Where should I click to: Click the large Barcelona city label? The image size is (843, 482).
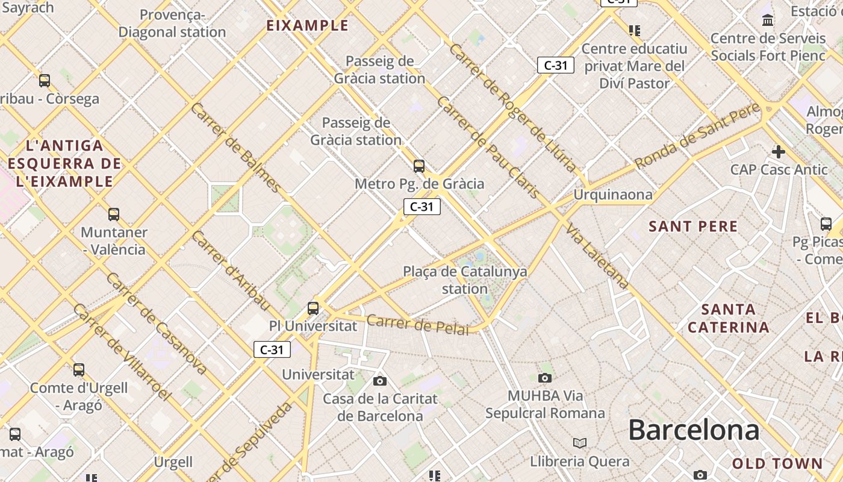(x=694, y=430)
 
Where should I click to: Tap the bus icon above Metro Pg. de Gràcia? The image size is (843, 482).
(x=419, y=166)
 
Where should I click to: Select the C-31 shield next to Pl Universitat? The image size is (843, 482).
(x=272, y=349)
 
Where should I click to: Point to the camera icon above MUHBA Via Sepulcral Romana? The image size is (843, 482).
(x=545, y=378)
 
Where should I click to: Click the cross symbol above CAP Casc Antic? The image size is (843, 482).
(x=779, y=151)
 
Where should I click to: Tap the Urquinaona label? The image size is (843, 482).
(x=612, y=195)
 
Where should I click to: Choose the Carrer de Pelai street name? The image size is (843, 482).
(x=417, y=324)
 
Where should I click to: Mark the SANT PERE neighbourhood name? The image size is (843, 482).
(x=693, y=227)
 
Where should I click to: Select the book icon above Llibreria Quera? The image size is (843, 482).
(x=580, y=443)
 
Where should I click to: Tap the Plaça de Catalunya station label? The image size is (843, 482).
(x=465, y=280)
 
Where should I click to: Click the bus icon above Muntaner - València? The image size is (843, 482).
(x=114, y=214)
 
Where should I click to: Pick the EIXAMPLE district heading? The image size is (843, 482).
(x=308, y=25)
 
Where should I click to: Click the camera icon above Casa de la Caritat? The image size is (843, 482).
(x=379, y=381)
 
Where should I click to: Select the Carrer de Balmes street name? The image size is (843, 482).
(x=235, y=147)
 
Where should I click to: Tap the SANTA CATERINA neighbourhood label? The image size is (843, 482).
(x=729, y=319)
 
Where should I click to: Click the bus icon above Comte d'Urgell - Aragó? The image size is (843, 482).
(x=79, y=369)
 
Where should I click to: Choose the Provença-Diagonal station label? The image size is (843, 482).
(x=172, y=23)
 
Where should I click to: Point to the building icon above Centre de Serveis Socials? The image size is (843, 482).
(x=768, y=20)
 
